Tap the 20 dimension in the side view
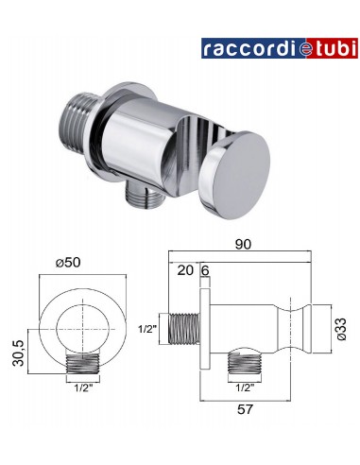coord(184,269)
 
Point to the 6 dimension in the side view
coord(204,269)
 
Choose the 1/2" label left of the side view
coord(148,329)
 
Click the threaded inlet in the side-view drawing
coord(182,327)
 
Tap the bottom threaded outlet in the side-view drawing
coord(241,367)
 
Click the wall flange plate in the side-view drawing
coord(204,327)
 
